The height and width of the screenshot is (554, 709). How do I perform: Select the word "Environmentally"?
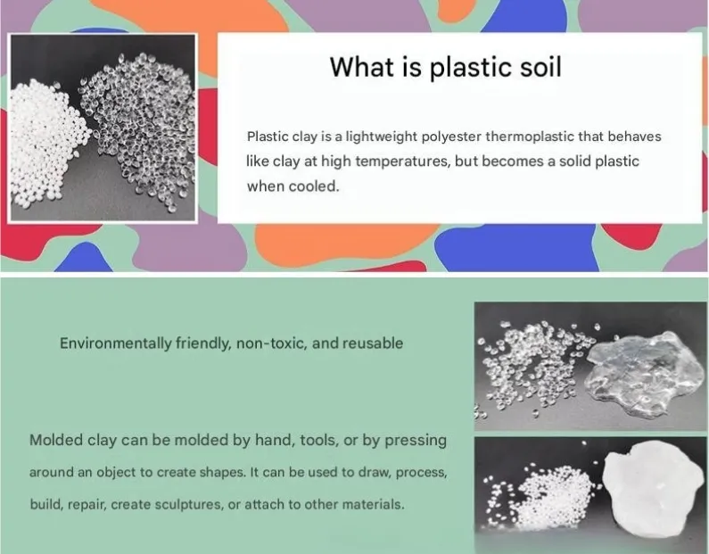point(115,343)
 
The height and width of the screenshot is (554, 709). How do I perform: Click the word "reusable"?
point(373,343)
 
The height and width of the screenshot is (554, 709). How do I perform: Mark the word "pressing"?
point(416,441)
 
